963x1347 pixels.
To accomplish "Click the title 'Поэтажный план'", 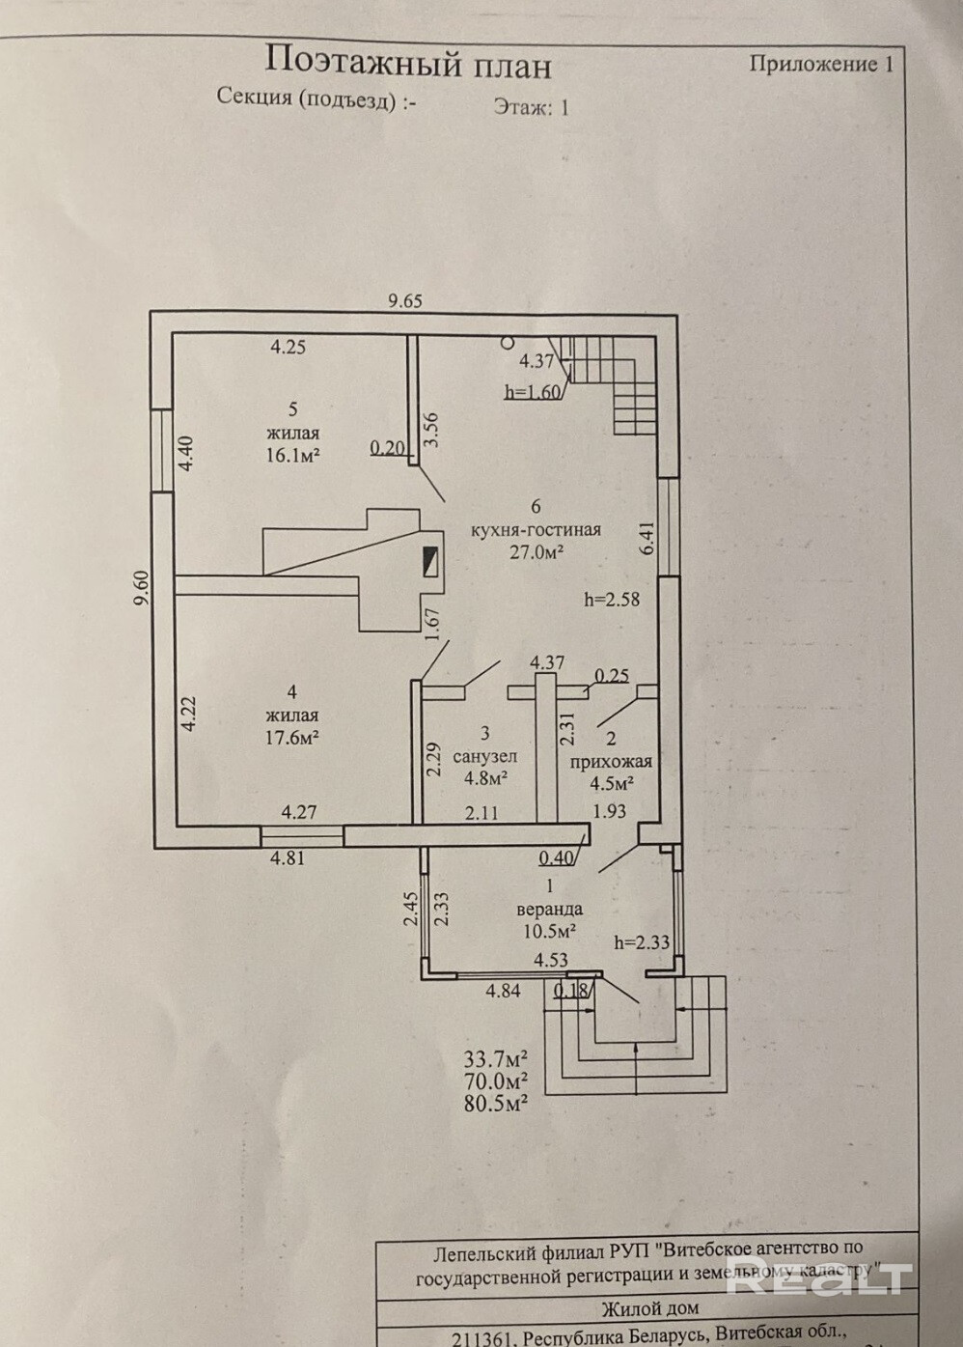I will tap(407, 63).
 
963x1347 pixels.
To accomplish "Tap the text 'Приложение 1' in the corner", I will tap(821, 64).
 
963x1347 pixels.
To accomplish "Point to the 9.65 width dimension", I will tap(405, 300).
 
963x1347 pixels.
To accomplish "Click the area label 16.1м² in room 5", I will tap(293, 455).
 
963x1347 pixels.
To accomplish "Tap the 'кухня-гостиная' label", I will tap(536, 529).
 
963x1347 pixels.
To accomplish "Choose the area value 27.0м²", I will tap(536, 551).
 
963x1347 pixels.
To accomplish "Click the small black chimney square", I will tap(429, 561).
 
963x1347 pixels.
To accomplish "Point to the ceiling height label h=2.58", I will tap(612, 599).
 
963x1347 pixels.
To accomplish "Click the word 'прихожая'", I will tap(611, 762).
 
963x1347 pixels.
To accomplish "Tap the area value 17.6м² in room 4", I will tap(291, 736).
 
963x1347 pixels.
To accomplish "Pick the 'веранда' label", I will tap(549, 909).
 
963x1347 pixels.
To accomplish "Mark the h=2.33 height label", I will tap(643, 942).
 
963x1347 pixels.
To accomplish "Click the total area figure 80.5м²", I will tap(496, 1102).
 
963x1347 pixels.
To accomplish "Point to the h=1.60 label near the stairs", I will tap(532, 391).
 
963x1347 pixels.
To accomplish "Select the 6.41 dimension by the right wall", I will tap(647, 538).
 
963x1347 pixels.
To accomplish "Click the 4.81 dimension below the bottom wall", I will tap(288, 856).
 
